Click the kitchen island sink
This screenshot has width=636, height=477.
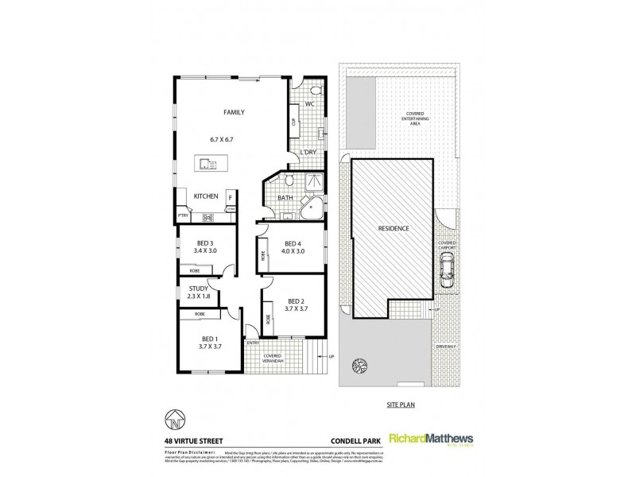[x=210, y=165]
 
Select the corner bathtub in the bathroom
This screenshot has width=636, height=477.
[x=312, y=209]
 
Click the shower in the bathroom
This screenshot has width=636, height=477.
[x=316, y=181]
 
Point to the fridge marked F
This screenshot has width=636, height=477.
[x=230, y=196]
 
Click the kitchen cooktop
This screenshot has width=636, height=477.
[x=208, y=217]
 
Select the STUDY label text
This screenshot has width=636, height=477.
[x=199, y=289]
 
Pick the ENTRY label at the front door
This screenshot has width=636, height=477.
[x=254, y=343]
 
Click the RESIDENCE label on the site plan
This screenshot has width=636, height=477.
[x=394, y=229]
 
